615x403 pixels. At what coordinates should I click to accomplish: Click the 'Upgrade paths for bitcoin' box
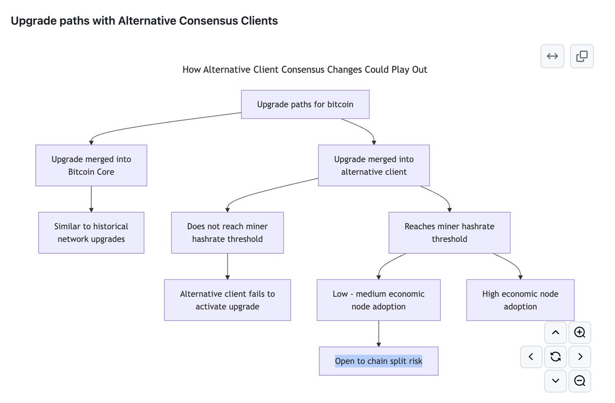(305, 105)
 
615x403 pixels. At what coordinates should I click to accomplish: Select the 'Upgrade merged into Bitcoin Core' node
(91, 166)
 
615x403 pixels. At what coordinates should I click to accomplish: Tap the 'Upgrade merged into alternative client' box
(374, 166)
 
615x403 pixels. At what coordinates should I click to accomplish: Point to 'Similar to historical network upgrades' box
(91, 233)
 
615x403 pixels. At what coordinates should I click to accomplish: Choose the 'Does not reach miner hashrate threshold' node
(228, 233)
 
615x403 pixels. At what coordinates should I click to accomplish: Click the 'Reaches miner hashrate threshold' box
(449, 233)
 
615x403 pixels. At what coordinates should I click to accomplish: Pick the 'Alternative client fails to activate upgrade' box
(228, 300)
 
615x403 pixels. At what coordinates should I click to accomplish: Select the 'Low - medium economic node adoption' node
(379, 300)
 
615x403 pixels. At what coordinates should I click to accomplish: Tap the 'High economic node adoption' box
(520, 300)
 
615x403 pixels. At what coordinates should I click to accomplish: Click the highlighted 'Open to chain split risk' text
(379, 361)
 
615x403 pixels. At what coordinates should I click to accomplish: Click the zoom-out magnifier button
(580, 381)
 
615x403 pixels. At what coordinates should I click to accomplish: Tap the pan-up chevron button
(556, 333)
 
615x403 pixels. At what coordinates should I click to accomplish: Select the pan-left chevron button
(531, 357)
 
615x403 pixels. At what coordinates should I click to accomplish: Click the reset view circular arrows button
(556, 357)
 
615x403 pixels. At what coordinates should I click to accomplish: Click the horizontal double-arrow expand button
(552, 56)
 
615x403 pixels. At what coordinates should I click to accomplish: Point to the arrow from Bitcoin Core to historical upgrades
(91, 199)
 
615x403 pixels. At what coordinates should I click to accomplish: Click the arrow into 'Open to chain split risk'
(379, 334)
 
